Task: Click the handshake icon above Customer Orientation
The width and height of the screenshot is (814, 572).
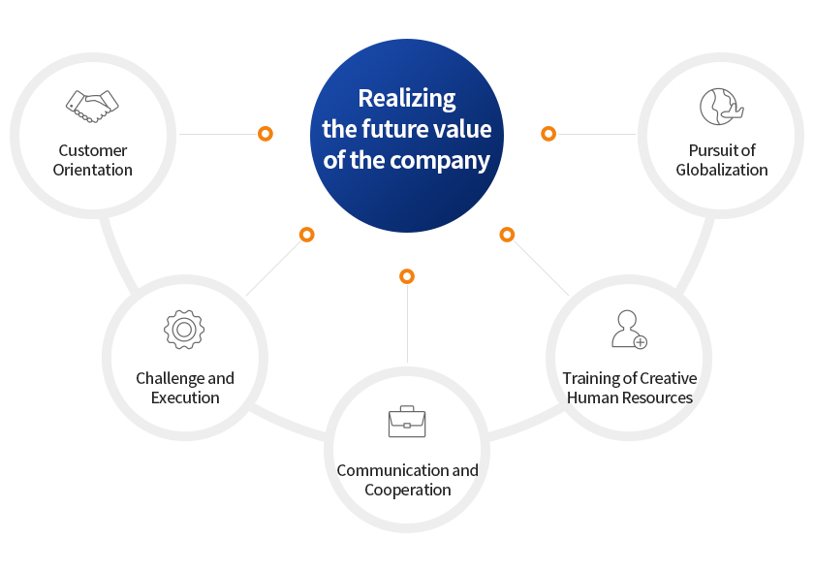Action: (x=92, y=107)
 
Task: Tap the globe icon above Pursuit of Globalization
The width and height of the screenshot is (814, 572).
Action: (x=722, y=107)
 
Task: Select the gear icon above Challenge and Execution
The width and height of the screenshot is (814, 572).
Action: (x=184, y=330)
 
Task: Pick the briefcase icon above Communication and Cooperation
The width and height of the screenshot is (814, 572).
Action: (x=407, y=422)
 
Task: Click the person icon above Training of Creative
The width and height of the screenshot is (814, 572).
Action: (x=629, y=330)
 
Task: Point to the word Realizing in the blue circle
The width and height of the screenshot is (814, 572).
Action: (x=407, y=99)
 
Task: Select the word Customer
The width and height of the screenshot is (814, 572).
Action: (x=92, y=150)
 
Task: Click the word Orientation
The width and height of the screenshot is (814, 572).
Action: (x=92, y=170)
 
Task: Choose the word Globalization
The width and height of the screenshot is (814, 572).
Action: (x=722, y=170)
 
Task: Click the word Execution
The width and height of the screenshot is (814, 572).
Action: (x=185, y=397)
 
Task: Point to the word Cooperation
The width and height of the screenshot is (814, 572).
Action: (x=408, y=490)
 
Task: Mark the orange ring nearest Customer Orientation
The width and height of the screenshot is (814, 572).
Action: (x=266, y=134)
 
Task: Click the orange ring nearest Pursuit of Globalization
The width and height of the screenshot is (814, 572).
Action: (x=548, y=134)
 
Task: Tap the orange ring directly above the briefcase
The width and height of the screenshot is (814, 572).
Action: (x=407, y=276)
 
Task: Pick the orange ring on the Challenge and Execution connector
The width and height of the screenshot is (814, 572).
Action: (x=307, y=235)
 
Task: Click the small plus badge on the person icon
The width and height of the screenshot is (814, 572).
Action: (x=641, y=342)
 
